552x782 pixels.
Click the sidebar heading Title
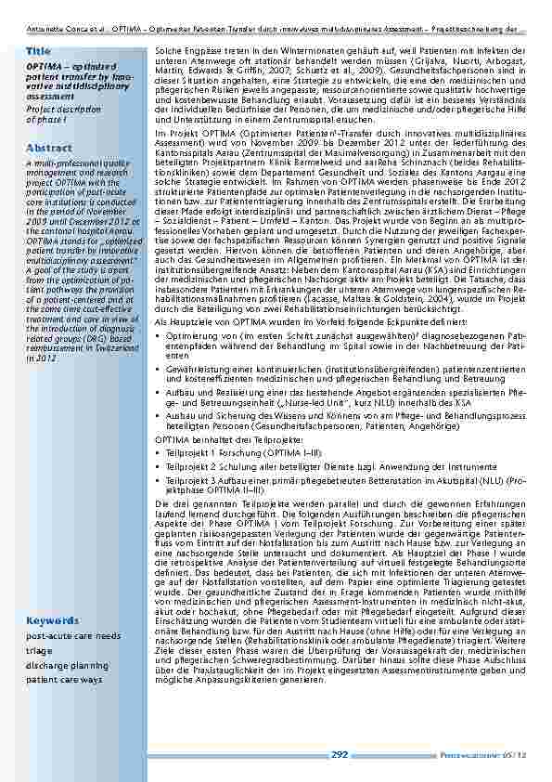pos(39,50)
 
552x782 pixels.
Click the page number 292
pos(340,755)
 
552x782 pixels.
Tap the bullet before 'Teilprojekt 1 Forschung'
pos(158,452)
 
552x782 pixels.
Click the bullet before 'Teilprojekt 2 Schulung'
pos(158,466)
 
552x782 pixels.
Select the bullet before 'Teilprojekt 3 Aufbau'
pos(158,480)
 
